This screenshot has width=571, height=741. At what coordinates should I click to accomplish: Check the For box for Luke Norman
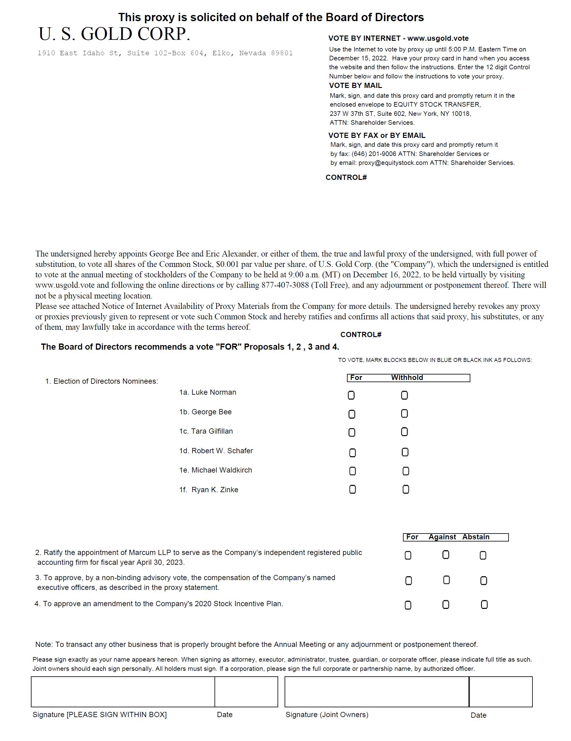351,395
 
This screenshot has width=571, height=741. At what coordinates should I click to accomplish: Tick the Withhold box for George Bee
404,414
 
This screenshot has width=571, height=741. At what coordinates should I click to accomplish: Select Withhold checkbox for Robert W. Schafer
405,452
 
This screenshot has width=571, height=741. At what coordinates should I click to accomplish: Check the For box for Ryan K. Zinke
353,489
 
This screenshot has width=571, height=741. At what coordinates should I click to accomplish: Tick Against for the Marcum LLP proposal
446,555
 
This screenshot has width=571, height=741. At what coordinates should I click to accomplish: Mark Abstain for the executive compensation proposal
483,581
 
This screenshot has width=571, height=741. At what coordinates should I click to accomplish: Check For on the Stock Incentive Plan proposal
408,605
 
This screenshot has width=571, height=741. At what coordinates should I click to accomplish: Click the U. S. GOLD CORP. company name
114,34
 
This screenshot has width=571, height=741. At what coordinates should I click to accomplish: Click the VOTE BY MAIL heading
355,85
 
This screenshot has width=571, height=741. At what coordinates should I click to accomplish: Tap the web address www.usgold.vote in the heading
438,38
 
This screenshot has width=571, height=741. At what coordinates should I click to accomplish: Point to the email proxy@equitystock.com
393,163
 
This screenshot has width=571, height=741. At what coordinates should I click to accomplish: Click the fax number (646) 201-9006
374,154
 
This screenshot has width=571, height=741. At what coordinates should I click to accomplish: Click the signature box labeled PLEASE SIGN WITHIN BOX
123,692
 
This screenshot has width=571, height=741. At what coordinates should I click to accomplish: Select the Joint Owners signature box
376,692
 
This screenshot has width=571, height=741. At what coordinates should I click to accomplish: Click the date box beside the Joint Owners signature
501,692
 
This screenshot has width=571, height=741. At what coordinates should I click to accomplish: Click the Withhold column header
407,378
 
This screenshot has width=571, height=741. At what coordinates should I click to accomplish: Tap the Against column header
442,537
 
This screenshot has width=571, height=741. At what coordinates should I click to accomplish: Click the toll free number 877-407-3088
285,285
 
